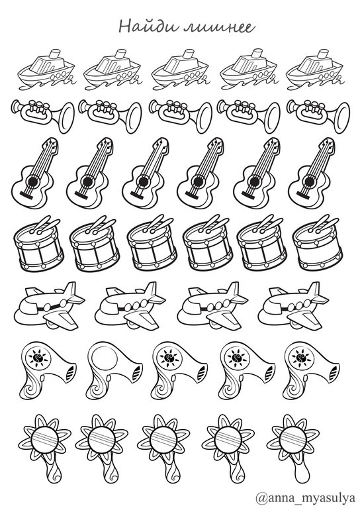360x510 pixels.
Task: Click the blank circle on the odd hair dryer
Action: click(104, 359)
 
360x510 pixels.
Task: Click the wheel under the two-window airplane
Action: click(51, 325)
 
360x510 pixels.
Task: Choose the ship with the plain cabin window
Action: click(179, 70)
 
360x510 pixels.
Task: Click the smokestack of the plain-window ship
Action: click(189, 54)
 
